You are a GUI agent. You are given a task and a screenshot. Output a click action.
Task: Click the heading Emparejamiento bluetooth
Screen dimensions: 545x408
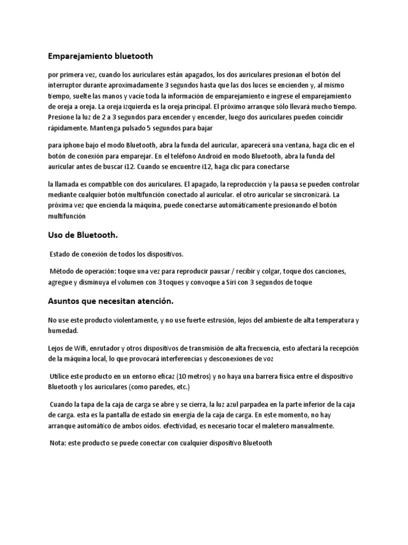[x=100, y=55]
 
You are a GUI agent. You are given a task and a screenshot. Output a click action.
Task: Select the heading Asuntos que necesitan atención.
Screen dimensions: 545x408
[x=111, y=301]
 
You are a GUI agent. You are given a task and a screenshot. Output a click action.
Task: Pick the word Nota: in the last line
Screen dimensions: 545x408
[x=59, y=442]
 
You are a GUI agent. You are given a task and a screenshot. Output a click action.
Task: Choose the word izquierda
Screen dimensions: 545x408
[x=127, y=106]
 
